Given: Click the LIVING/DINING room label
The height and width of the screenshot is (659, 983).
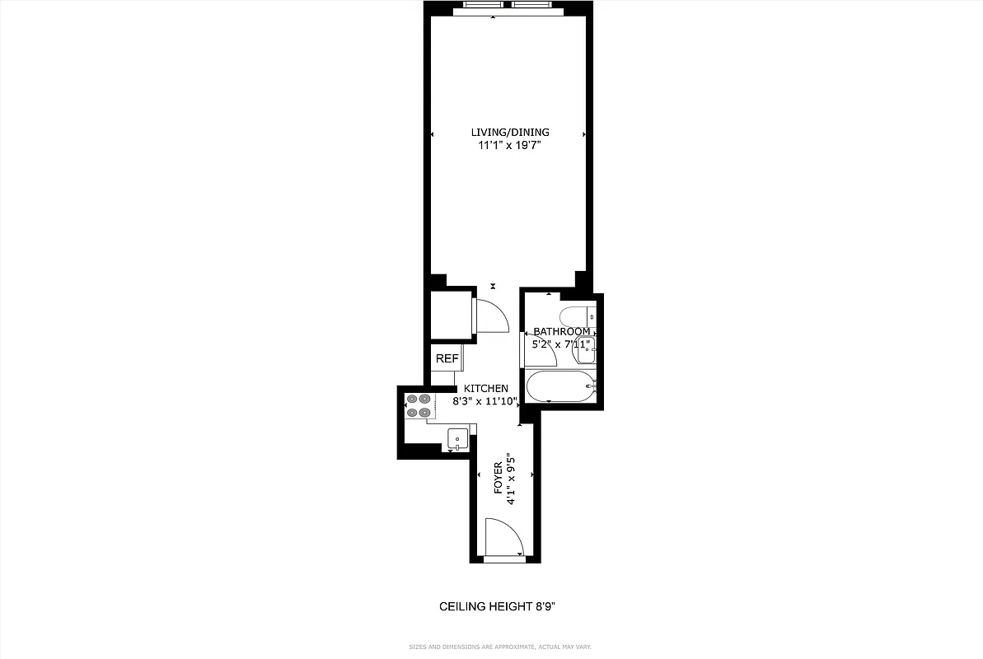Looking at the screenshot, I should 509,132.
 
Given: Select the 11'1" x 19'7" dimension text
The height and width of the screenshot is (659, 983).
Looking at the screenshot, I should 509,146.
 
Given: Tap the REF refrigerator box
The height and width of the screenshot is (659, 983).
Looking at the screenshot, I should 447,359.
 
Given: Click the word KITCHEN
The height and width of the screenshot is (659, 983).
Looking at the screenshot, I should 485,389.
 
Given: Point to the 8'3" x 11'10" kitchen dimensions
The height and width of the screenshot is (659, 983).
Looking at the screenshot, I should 484,402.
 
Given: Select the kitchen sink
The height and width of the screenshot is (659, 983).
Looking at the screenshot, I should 457,438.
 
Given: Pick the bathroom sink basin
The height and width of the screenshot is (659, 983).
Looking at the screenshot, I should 586,350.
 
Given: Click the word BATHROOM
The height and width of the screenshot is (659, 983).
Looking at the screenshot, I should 561,332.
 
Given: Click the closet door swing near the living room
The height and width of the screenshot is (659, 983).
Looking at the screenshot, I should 492,316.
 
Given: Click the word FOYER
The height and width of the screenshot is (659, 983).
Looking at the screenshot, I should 499,477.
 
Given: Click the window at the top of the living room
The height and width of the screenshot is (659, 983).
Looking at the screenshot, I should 508,6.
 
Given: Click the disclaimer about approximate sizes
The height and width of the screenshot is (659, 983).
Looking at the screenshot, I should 500,647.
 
